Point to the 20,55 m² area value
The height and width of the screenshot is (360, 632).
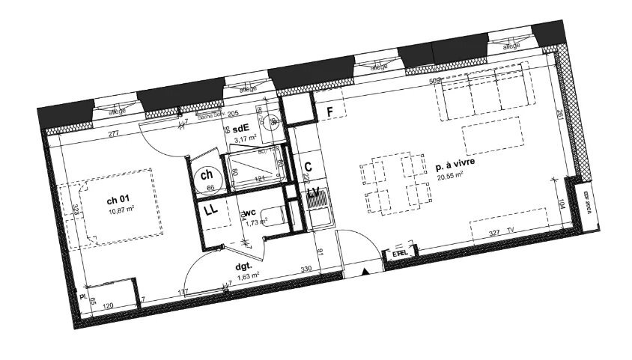coord(449,179)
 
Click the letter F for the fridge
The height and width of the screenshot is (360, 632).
coord(327,112)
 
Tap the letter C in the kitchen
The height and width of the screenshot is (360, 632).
coord(308,167)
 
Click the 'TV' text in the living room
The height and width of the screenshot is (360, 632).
coord(511,231)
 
